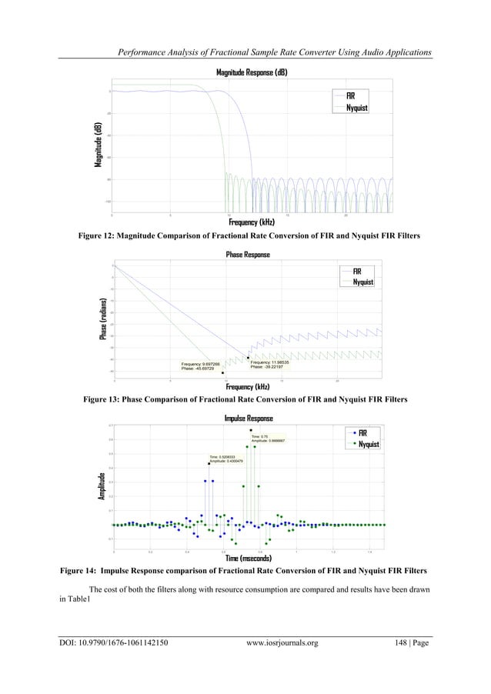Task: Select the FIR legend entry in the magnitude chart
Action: coord(350,95)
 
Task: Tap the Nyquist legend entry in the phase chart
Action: coord(362,282)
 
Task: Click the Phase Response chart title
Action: coord(247,255)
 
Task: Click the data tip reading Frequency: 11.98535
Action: coord(270,364)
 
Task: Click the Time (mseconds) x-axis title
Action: coord(247,558)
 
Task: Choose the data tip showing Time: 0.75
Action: coord(269,439)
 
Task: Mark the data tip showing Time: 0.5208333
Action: coord(227,459)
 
